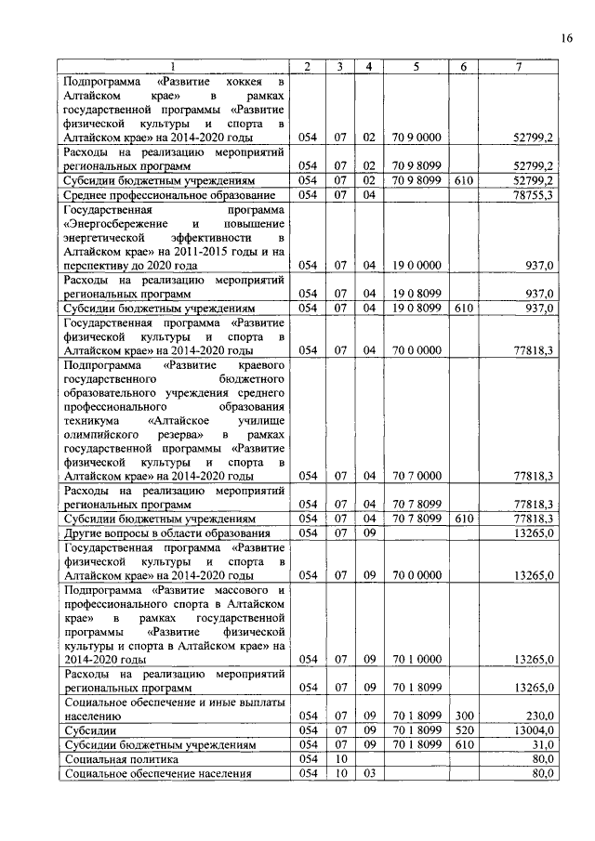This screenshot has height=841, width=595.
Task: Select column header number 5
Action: [416, 66]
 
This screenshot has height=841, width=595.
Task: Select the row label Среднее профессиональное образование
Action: [169, 195]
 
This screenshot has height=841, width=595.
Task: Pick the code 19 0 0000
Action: [416, 266]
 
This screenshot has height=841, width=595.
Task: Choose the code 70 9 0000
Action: [416, 137]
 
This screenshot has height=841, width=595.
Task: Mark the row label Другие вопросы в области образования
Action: [167, 532]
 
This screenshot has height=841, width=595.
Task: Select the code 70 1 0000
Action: [416, 659]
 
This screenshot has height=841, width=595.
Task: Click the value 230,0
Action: [539, 716]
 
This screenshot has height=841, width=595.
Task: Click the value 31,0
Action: [541, 745]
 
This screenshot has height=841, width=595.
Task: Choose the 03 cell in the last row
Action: [368, 773]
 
